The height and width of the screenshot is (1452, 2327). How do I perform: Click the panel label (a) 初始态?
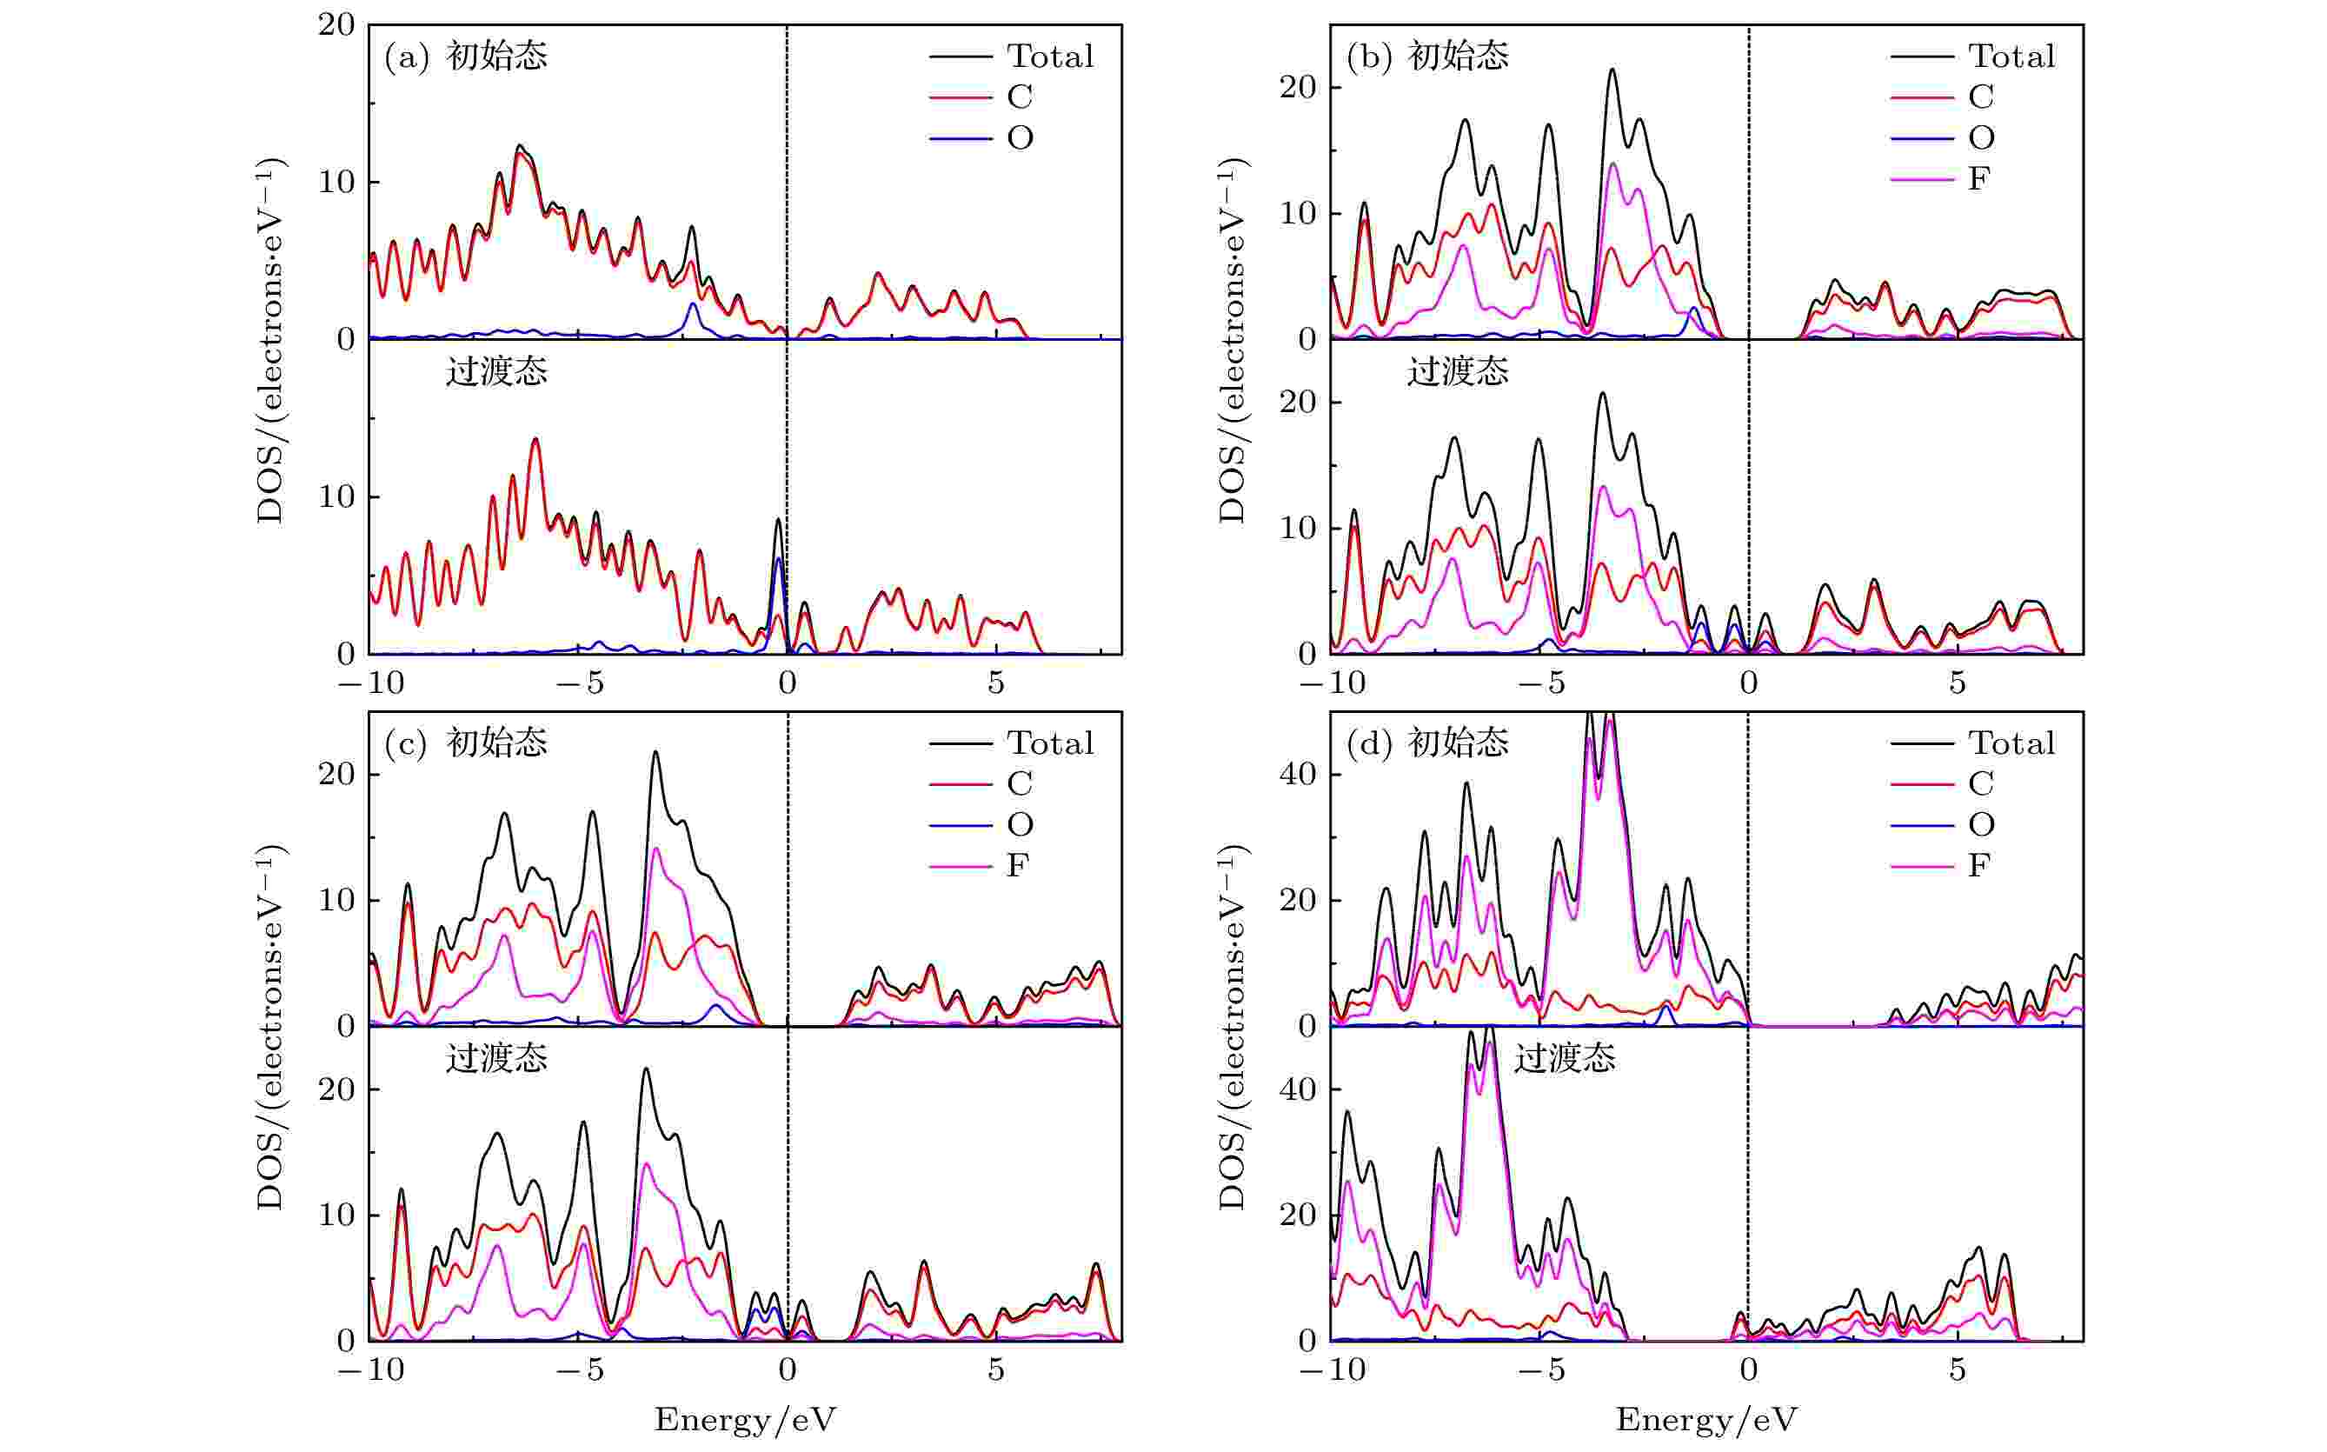tap(466, 57)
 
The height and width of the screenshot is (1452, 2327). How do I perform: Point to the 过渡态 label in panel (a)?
tap(496, 371)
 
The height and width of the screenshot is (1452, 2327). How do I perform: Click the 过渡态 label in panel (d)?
tap(1565, 1059)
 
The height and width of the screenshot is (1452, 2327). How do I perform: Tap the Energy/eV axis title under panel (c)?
tap(745, 1419)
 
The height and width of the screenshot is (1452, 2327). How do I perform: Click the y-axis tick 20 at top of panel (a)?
tap(337, 25)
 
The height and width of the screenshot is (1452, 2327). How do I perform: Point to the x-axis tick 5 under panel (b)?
tap(1958, 683)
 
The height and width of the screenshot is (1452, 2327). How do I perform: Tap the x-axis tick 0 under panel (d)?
tap(1748, 1370)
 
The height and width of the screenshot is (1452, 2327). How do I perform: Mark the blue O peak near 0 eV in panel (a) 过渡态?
tap(779, 560)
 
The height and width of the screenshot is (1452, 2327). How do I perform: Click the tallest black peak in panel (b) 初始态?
tap(1612, 70)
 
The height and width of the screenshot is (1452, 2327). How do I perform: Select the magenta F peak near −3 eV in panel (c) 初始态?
tap(656, 849)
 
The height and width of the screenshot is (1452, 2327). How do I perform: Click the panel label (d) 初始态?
tap(1427, 743)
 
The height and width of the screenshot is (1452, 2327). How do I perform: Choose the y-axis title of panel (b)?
tap(1232, 341)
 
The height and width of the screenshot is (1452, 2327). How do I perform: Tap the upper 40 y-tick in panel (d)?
tap(1298, 774)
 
